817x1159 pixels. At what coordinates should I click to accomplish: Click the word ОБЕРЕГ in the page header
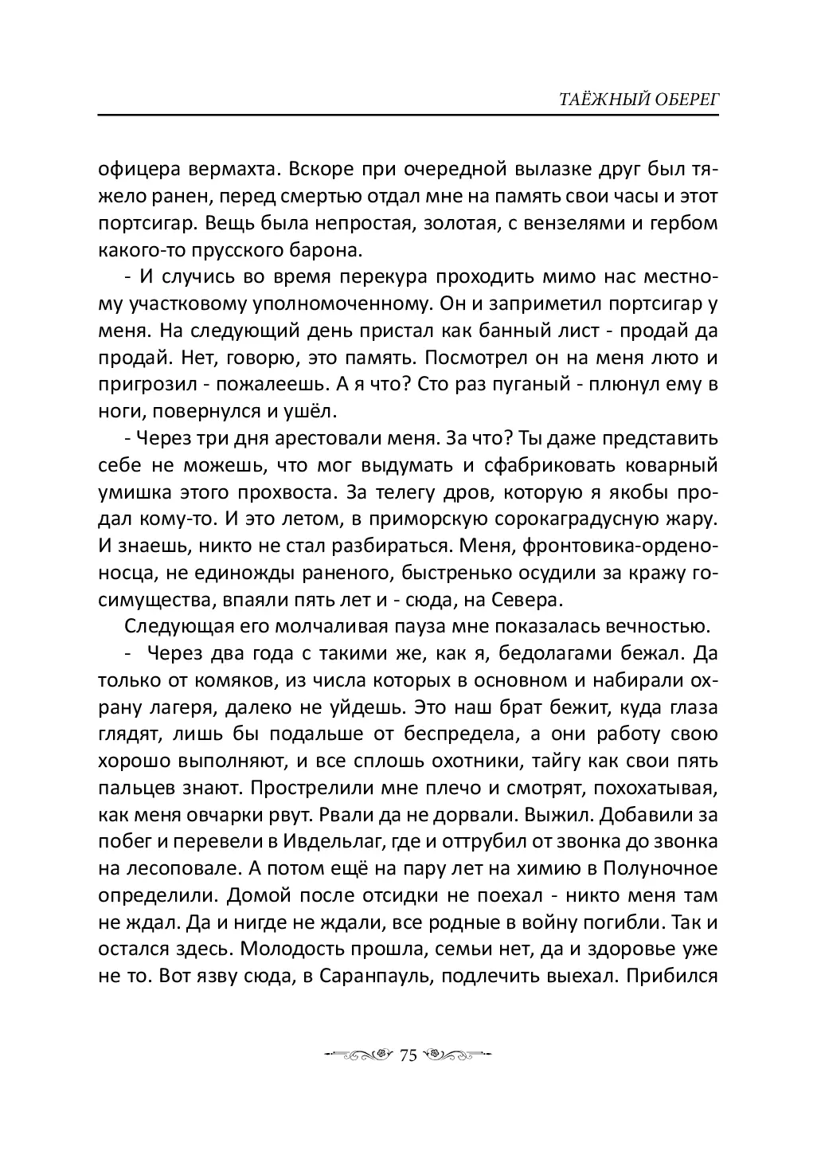click(679, 100)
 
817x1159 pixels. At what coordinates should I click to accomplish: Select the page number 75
click(408, 1056)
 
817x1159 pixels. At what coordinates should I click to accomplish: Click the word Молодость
click(294, 949)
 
